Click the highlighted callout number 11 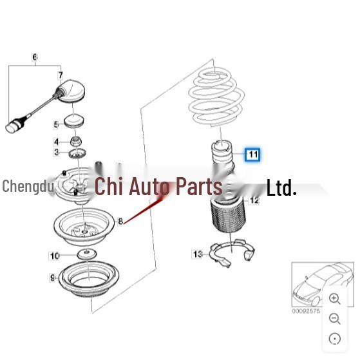pyautogui.click(x=252, y=155)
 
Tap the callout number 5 pyautogui.click(x=56, y=124)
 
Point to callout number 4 pyautogui.click(x=56, y=142)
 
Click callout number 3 pyautogui.click(x=56, y=153)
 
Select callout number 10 pyautogui.click(x=55, y=256)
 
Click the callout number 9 pyautogui.click(x=52, y=278)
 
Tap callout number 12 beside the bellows pyautogui.click(x=254, y=201)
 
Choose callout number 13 pyautogui.click(x=198, y=254)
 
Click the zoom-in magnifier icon pyautogui.click(x=334, y=298)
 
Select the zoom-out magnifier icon pyautogui.click(x=334, y=318)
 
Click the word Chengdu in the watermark pyautogui.click(x=28, y=187)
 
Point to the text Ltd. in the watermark pyautogui.click(x=281, y=188)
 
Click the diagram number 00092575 pyautogui.click(x=307, y=312)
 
